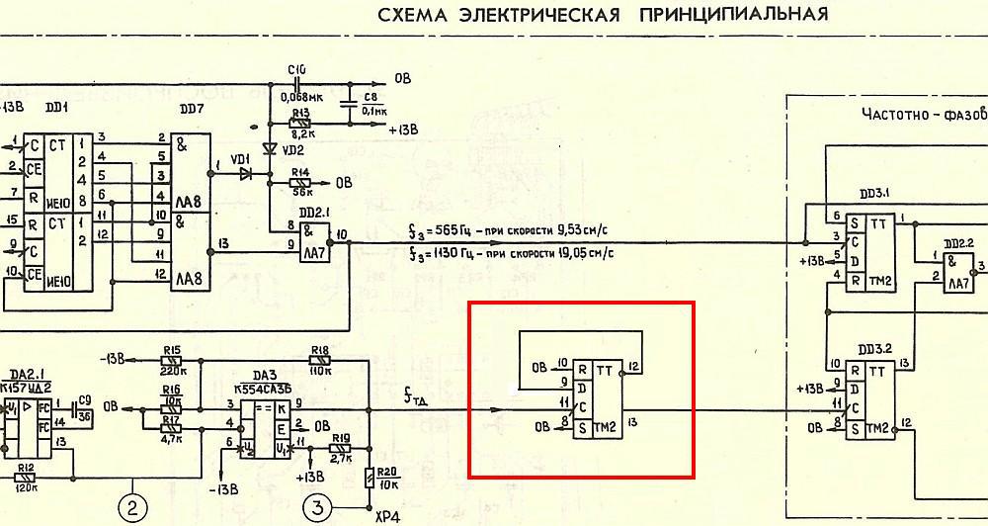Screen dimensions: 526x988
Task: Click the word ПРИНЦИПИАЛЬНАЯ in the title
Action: [x=732, y=15]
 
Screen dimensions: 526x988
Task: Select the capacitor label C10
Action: [x=296, y=69]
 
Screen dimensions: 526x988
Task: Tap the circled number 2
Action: [x=132, y=508]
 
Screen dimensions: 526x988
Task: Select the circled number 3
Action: [x=317, y=508]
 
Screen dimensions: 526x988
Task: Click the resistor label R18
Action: [x=320, y=351]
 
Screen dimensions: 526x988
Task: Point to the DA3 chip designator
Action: [x=263, y=376]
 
